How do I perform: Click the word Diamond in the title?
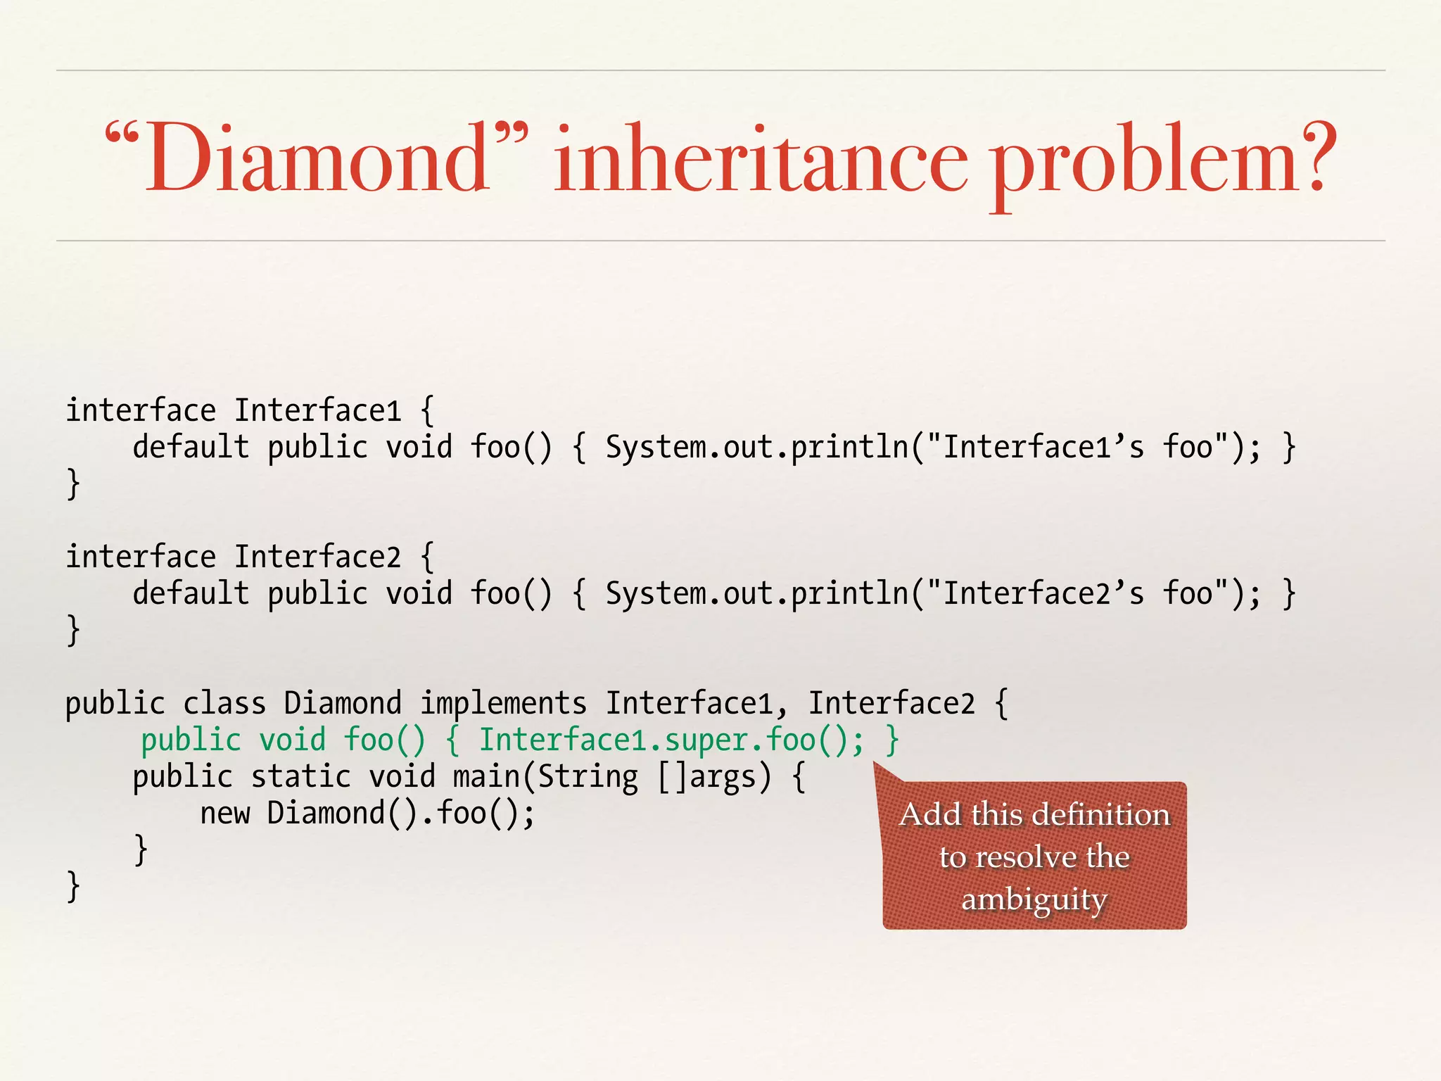point(317,158)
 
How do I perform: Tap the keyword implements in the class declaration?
point(503,704)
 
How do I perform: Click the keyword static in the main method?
point(300,777)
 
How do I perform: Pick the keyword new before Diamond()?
point(225,814)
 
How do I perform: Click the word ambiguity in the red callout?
point(1034,899)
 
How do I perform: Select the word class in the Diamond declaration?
point(224,704)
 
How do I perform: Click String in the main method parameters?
point(588,777)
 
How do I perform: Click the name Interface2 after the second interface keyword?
point(317,557)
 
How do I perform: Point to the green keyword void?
point(292,740)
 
